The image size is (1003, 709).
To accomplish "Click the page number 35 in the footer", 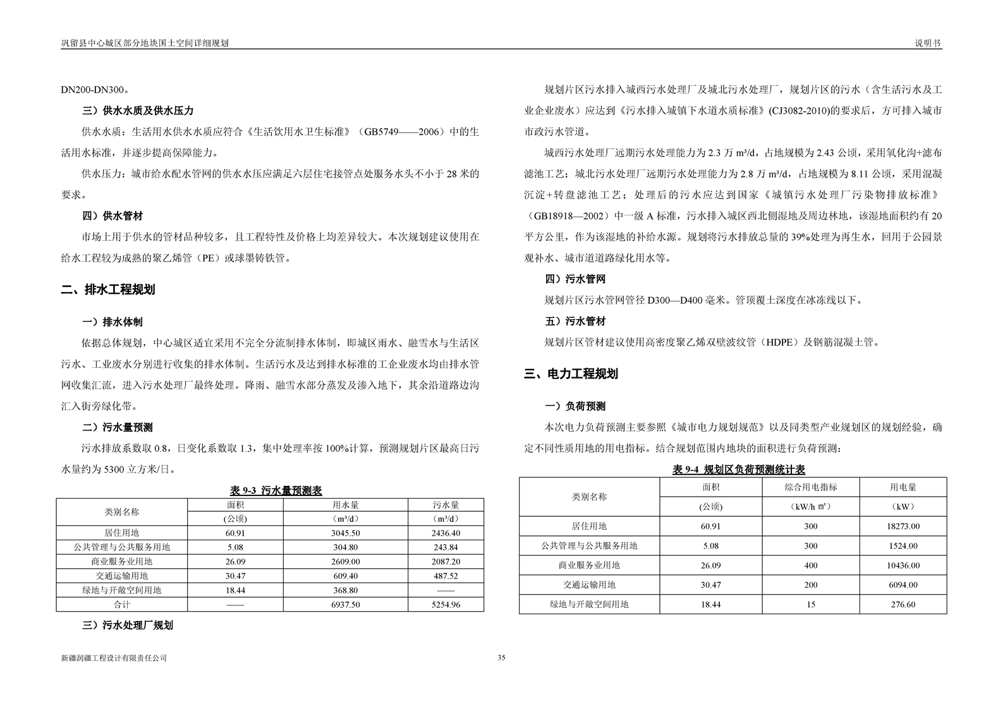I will [501, 658].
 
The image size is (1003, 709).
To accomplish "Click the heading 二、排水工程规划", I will [108, 290].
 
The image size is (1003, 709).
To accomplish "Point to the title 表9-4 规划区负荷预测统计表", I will [738, 470].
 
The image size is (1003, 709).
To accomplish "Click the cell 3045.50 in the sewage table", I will [345, 533].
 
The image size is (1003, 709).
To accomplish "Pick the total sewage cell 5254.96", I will [446, 605].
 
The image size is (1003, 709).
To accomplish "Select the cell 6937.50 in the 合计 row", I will [345, 605].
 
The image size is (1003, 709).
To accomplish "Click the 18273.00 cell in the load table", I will [903, 526].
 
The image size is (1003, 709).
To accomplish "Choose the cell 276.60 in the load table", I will [903, 605].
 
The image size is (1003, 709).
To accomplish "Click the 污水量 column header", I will [446, 505].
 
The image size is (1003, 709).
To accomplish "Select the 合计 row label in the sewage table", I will [122, 605].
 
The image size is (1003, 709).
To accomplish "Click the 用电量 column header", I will [903, 487].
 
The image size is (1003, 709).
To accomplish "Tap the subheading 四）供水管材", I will [112, 216].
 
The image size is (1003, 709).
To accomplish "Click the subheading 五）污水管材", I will [575, 321].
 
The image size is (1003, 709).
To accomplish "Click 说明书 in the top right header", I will [928, 43].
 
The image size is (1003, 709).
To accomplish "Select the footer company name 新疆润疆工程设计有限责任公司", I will [114, 658].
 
